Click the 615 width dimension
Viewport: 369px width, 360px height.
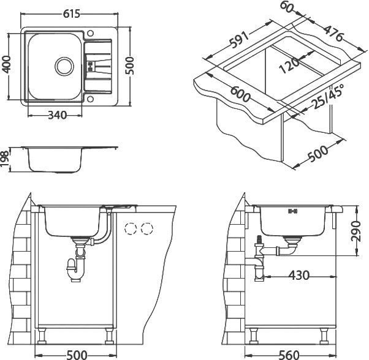73,9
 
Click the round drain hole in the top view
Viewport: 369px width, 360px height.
63,64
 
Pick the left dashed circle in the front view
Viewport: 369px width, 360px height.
131,230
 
